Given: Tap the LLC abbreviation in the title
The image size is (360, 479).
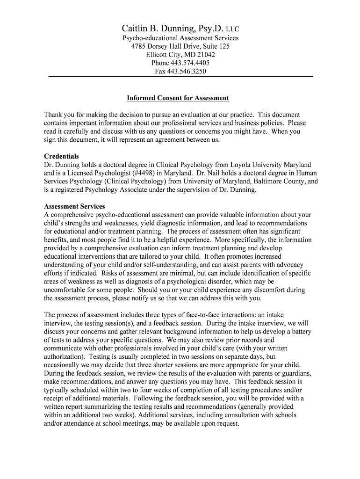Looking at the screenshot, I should pyautogui.click(x=232, y=29).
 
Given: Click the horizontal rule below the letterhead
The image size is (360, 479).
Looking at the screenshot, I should pyautogui.click(x=180, y=76).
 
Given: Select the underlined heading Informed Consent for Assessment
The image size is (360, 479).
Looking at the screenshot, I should pyautogui.click(x=178, y=98).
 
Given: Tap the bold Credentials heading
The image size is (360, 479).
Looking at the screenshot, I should pyautogui.click(x=61, y=156).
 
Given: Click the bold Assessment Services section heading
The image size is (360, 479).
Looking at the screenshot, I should pyautogui.click(x=74, y=206).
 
